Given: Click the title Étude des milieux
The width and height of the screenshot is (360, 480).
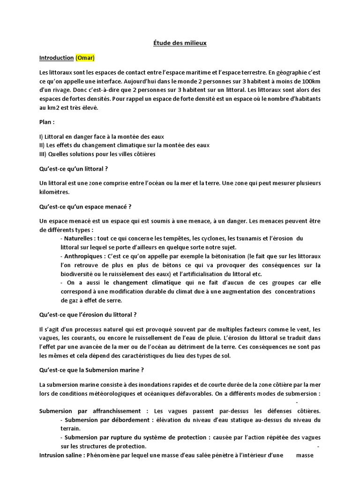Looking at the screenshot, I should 180,43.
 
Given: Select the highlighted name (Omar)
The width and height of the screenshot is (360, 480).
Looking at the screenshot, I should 85,58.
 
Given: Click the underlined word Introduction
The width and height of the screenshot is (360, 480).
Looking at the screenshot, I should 56,58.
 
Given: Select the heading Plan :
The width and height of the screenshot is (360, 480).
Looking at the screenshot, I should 47,122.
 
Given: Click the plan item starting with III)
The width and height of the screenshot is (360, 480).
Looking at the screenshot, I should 97,154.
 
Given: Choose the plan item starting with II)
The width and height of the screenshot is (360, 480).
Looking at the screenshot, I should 124,145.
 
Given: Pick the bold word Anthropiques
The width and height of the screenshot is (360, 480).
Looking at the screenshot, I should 82,256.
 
